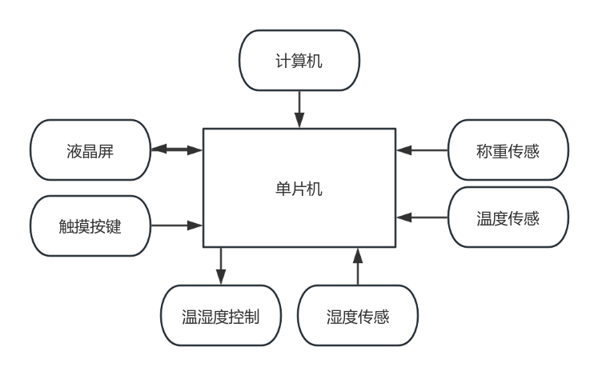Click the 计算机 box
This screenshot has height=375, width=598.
[299, 61]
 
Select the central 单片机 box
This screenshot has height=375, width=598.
[299, 188]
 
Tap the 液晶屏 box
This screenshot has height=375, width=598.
[90, 150]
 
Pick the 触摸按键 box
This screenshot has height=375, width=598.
[90, 225]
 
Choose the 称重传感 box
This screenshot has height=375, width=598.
[508, 150]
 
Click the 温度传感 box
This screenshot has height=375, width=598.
[508, 217]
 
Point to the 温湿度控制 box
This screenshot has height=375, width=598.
[220, 315]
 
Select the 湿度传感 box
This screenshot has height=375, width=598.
[357, 315]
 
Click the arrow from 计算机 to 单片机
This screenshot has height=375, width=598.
[299, 109]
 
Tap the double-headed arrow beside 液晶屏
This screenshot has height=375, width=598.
[177, 150]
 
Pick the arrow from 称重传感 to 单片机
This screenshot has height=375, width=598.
[422, 150]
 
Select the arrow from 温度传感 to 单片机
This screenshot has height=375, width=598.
[422, 217]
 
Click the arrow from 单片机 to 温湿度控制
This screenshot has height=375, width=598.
[221, 266]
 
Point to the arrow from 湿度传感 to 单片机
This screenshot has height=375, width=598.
[357, 266]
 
